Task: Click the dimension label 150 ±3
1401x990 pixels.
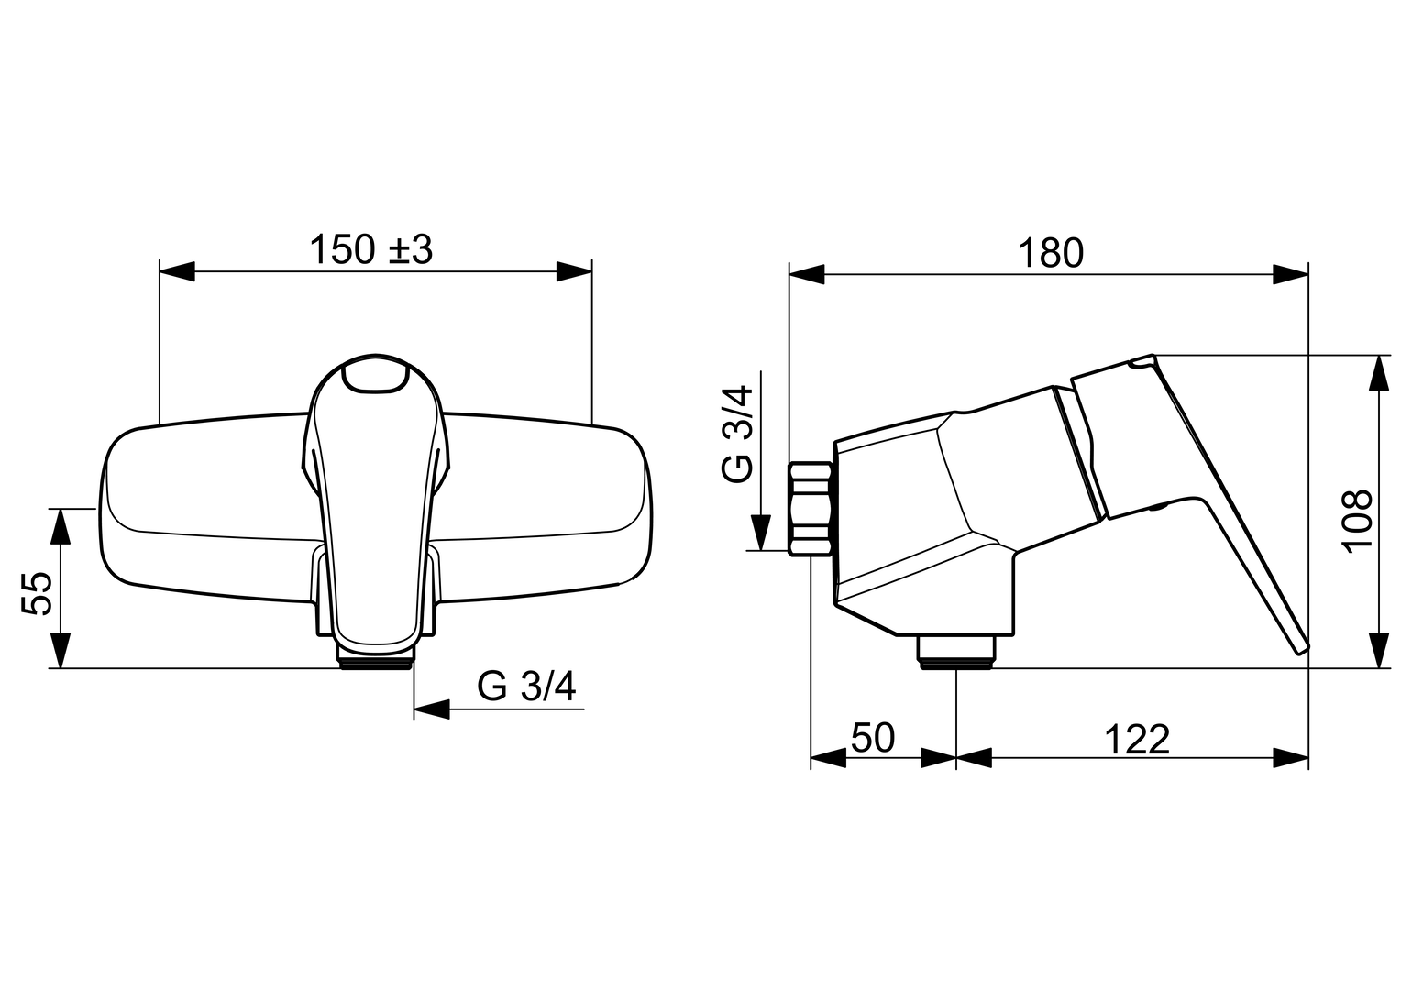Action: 371,249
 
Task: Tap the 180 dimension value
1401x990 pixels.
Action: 1051,253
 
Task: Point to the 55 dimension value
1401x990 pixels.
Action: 37,593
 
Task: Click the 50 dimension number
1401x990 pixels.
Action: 873,738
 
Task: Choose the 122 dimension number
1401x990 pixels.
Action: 1137,740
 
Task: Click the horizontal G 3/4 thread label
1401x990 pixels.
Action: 526,687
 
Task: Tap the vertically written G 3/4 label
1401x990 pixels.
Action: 737,434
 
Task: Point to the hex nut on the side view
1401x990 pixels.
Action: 811,509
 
